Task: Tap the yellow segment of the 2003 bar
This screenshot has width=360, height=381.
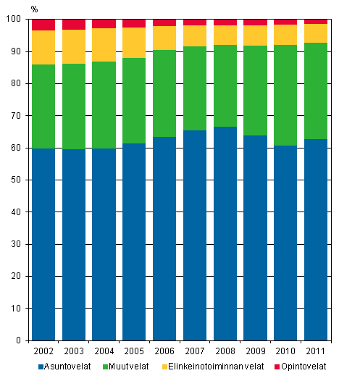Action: (x=74, y=46)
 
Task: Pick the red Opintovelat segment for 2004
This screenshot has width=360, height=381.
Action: (x=104, y=24)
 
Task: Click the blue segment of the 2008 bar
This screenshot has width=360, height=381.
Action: (x=225, y=233)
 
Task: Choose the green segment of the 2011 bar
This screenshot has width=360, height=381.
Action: (x=315, y=91)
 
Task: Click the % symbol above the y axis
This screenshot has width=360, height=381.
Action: (x=34, y=9)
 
